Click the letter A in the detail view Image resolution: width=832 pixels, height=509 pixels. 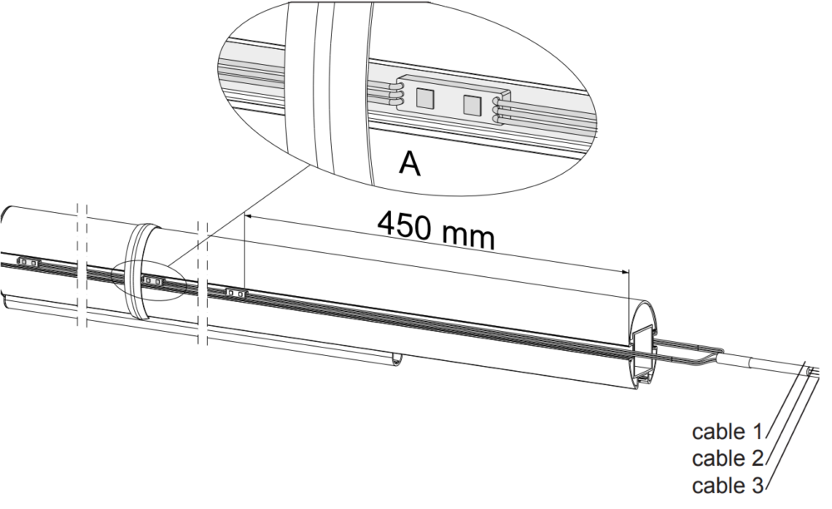click(409, 163)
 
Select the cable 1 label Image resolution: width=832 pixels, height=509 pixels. click(725, 432)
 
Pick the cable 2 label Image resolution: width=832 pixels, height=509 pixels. click(725, 458)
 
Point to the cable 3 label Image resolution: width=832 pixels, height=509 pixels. click(725, 485)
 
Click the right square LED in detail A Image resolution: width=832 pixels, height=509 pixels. click(472, 106)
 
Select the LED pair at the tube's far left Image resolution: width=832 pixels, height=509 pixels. click(27, 262)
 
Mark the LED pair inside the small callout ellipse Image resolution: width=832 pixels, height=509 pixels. click(152, 281)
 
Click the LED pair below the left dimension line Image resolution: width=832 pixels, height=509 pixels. click(235, 293)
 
